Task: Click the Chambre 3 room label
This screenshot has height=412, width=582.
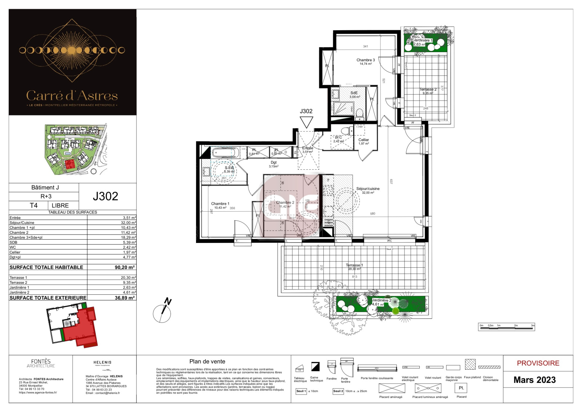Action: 366,60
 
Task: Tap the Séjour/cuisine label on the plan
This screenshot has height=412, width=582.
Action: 368,189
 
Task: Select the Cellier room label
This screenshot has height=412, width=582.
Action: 363,140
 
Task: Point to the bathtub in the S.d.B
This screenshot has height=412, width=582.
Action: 224,152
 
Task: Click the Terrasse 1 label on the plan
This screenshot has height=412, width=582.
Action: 354,265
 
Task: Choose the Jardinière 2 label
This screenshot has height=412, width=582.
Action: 382,301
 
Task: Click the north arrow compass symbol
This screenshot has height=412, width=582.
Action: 163,311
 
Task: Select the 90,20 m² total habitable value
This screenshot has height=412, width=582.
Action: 125,267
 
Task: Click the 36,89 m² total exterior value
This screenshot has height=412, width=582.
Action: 125,298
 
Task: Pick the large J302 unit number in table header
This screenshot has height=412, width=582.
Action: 105,196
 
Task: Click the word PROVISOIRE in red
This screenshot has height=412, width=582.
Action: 538,363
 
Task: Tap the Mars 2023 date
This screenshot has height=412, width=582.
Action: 534,380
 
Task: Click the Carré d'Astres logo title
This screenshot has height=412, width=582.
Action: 72,96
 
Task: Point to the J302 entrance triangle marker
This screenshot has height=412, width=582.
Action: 306,122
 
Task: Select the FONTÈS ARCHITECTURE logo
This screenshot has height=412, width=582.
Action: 41,363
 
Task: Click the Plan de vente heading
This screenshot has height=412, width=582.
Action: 207,361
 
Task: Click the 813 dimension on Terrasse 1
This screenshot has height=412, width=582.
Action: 354,277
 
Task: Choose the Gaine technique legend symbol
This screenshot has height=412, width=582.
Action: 315,366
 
